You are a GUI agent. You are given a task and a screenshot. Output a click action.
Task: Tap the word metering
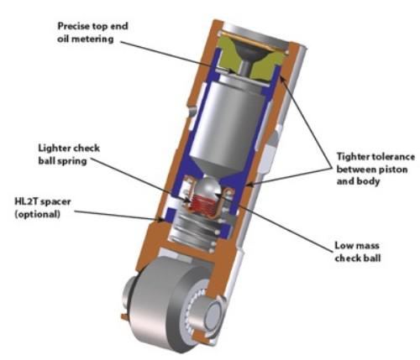[x=94, y=39]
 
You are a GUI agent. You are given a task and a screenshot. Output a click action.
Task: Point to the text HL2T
[x=25, y=201]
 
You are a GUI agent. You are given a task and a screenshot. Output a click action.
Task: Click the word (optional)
[x=37, y=214]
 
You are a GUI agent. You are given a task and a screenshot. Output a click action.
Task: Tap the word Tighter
[x=353, y=157]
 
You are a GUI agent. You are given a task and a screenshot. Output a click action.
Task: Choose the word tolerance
[x=393, y=157]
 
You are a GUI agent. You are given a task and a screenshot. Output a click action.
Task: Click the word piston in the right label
[x=394, y=170]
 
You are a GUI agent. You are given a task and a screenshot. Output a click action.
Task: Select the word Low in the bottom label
[x=343, y=246]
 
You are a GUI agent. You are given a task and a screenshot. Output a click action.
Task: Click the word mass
[x=366, y=246]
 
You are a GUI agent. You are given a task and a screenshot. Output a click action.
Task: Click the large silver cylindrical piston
[x=228, y=126]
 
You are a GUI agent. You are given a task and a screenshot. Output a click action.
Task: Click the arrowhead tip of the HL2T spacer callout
[x=165, y=221]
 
